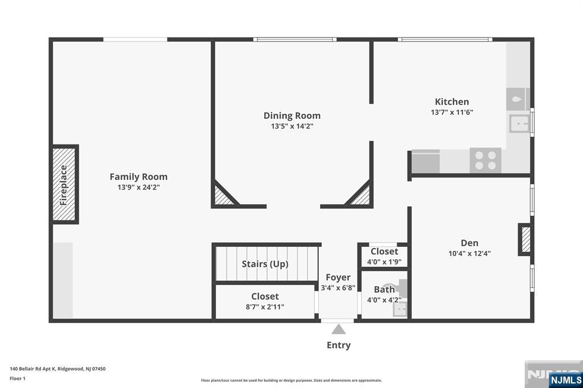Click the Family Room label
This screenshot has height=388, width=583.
point(138,176)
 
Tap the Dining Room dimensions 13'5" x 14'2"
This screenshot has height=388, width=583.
point(292,126)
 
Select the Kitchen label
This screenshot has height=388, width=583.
point(451,102)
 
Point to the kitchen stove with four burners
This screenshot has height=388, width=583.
point(485,160)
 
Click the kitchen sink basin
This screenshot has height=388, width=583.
point(519,123)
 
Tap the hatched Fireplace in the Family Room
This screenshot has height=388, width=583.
point(64,184)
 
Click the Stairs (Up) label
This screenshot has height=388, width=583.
point(265,264)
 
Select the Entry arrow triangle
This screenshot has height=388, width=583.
point(338,329)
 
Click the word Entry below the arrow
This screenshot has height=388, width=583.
point(338,345)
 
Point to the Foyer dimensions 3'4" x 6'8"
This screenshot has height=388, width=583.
point(338,288)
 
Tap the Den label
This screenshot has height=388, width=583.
point(469,243)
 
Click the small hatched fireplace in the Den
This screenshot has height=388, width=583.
point(525,240)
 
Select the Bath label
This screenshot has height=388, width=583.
point(384,289)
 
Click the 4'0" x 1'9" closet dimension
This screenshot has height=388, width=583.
point(384,262)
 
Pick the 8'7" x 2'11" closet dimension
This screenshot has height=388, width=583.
point(265,307)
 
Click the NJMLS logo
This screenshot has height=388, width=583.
point(565,380)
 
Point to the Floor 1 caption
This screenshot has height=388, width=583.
point(18,379)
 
